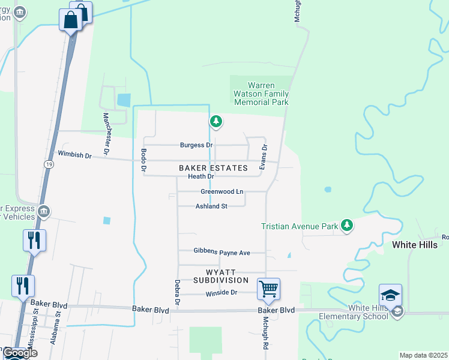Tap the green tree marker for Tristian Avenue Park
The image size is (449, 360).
pyautogui.click(x=346, y=225)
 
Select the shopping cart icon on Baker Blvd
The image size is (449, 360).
pyautogui.click(x=268, y=289)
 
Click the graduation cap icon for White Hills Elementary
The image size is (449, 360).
pyautogui.click(x=390, y=295)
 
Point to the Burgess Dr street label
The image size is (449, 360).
pyautogui.click(x=196, y=145)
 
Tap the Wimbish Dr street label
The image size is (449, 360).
pyautogui.click(x=74, y=155)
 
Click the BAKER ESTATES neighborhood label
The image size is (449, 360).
pyautogui.click(x=213, y=168)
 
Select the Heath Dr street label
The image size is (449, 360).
pyautogui.click(x=200, y=176)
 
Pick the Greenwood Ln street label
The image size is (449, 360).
pyautogui.click(x=221, y=191)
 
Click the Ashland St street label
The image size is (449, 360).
pyautogui.click(x=211, y=206)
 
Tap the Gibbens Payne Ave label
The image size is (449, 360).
pyautogui.click(x=221, y=253)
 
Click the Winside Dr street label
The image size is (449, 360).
pyautogui.click(x=221, y=293)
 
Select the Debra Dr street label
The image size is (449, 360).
pyautogui.click(x=177, y=293)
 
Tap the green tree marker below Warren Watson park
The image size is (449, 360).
pyautogui.click(x=216, y=122)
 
